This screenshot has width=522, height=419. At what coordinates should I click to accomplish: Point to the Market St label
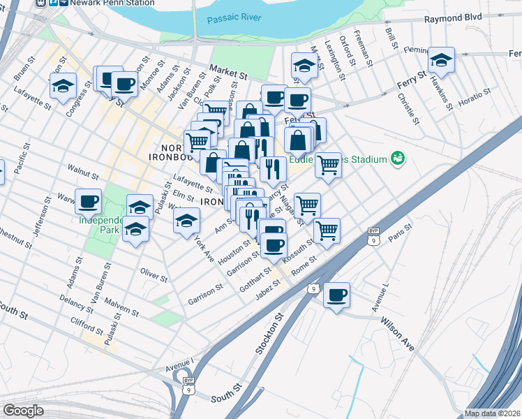pyautogui.click(x=230, y=71)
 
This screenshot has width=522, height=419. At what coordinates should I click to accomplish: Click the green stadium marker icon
pyautogui.click(x=398, y=159)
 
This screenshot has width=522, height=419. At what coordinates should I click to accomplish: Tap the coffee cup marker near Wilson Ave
pyautogui.click(x=337, y=295)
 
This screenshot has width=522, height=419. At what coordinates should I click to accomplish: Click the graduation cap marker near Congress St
pyautogui.click(x=63, y=87)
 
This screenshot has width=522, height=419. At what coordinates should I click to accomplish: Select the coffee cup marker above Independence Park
pyautogui.click(x=89, y=203)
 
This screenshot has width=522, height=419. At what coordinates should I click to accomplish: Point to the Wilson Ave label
pyautogui.click(x=397, y=331)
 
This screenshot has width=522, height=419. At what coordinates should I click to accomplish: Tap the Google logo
pyautogui.click(x=23, y=411)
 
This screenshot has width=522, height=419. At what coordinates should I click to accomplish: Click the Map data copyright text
pyautogui.click(x=493, y=413)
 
